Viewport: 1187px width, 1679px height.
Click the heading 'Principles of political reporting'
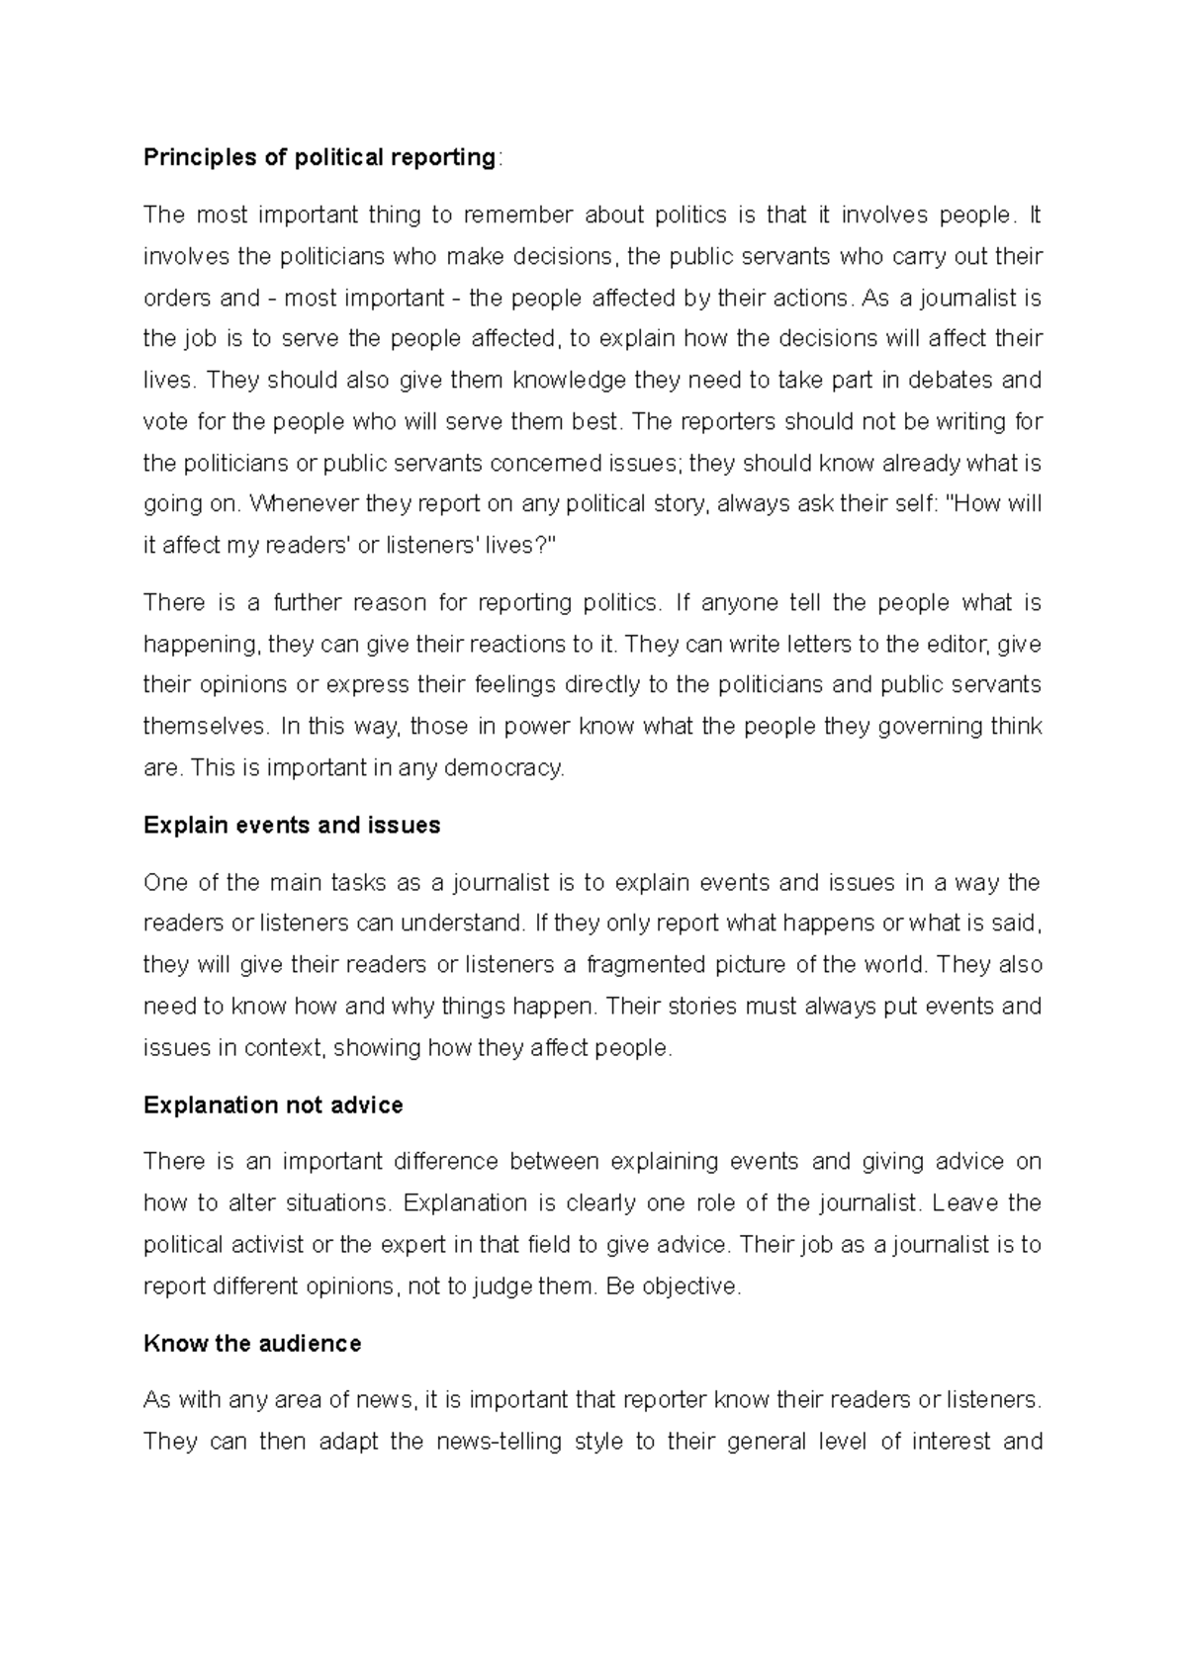click(319, 157)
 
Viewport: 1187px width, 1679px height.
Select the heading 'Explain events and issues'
click(292, 826)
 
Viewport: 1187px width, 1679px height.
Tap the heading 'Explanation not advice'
click(273, 1105)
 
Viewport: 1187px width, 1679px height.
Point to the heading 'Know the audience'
click(252, 1344)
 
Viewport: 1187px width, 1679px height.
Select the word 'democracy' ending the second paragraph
click(514, 768)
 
